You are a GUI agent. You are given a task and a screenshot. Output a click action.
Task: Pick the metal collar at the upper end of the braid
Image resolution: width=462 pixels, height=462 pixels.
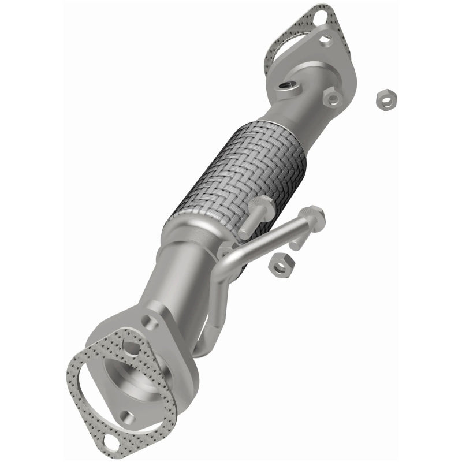(x=271, y=122)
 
